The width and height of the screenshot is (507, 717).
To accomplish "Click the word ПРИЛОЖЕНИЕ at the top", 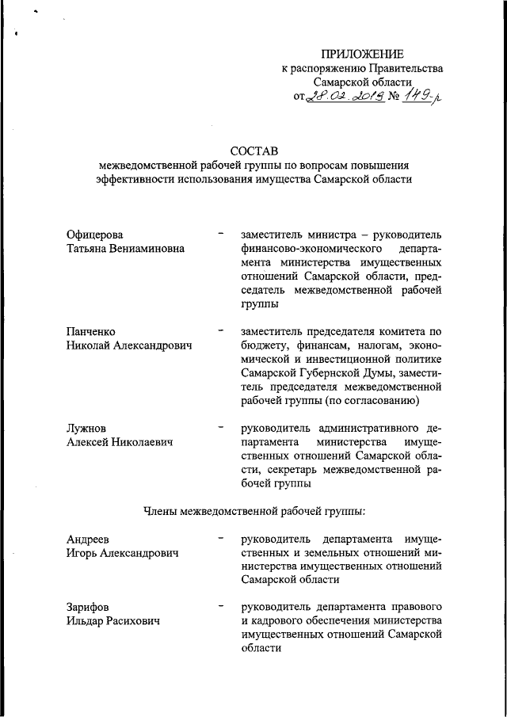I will (x=362, y=54).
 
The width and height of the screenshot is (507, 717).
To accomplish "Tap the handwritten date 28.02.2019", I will (x=345, y=97).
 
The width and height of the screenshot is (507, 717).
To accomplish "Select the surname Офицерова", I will (x=96, y=235).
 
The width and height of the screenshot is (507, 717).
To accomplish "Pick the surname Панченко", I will (x=92, y=330).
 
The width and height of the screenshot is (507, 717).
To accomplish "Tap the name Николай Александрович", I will (x=130, y=345).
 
